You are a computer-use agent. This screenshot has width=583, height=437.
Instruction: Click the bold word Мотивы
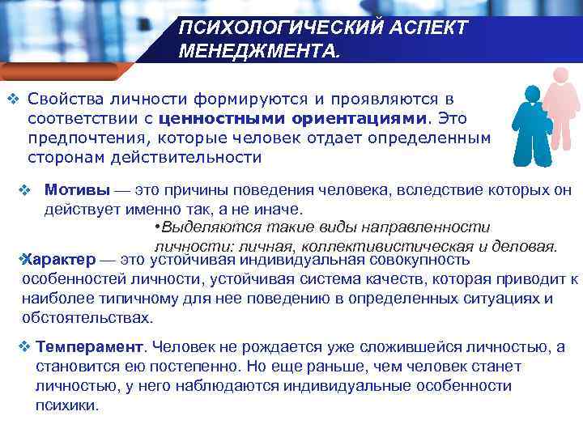[x=77, y=191]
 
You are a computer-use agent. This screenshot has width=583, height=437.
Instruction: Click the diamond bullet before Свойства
[x=12, y=100]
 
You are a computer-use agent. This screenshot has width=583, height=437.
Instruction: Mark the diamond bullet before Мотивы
[x=24, y=191]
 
